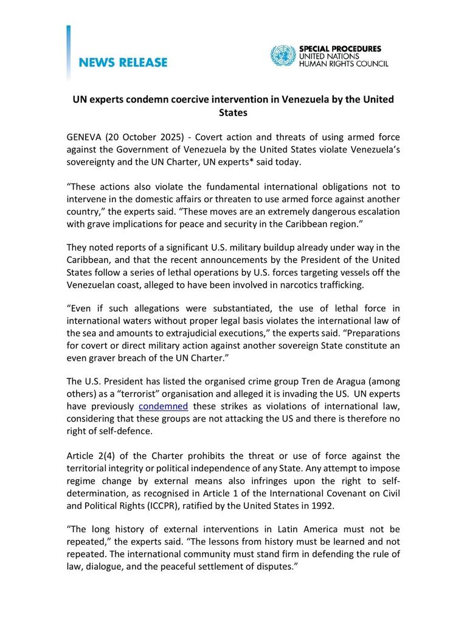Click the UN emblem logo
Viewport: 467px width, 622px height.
[x=281, y=55]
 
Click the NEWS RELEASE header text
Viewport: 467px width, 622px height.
[x=123, y=62]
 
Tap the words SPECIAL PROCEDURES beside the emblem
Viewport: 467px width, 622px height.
[x=340, y=48]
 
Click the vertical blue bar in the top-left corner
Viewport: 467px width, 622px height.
[x=69, y=52]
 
